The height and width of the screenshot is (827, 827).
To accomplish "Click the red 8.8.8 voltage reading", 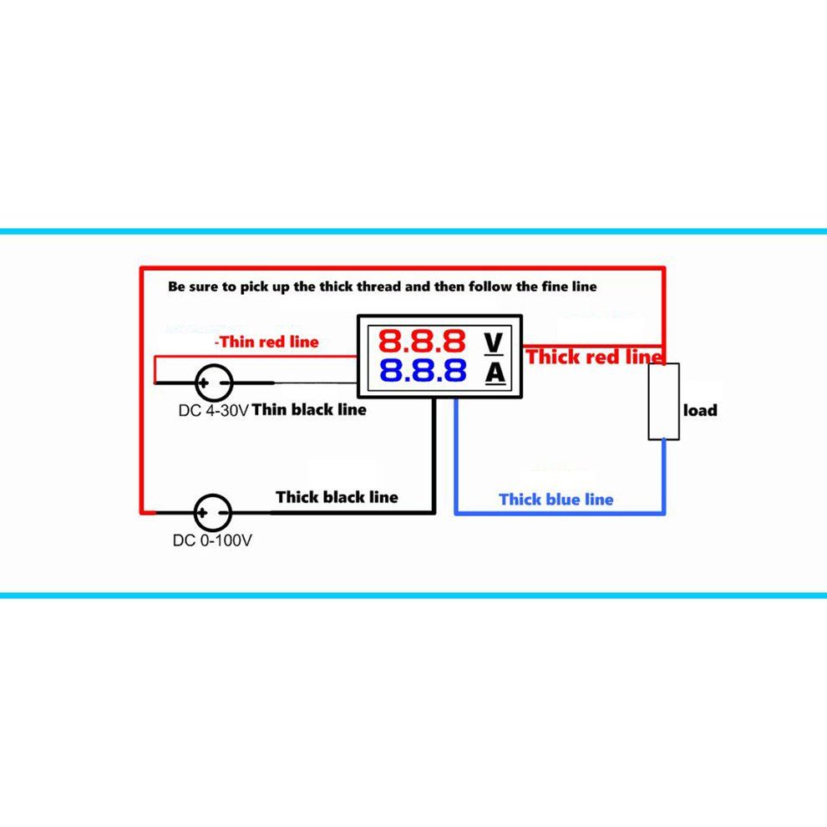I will (422, 341).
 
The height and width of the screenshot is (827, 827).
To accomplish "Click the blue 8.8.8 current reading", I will (422, 371).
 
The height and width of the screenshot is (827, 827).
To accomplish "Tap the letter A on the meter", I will (495, 373).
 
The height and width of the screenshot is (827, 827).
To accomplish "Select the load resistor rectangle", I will (664, 401).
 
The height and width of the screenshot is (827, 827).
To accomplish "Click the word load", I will (700, 410).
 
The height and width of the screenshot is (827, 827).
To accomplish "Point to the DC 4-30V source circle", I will (213, 383).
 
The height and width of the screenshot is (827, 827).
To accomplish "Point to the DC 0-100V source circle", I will (212, 511).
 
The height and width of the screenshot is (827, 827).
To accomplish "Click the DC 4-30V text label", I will (213, 411).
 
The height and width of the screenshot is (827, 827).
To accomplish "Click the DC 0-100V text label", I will (212, 540).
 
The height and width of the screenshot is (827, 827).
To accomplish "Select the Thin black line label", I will (309, 410).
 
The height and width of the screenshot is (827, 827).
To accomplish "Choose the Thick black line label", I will (337, 497).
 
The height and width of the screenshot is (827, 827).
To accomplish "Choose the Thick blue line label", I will (556, 500).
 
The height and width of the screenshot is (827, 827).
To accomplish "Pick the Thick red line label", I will (595, 357).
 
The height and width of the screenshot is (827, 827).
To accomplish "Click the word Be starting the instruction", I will (176, 287).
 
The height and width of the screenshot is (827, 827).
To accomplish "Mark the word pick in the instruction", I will (256, 287).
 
